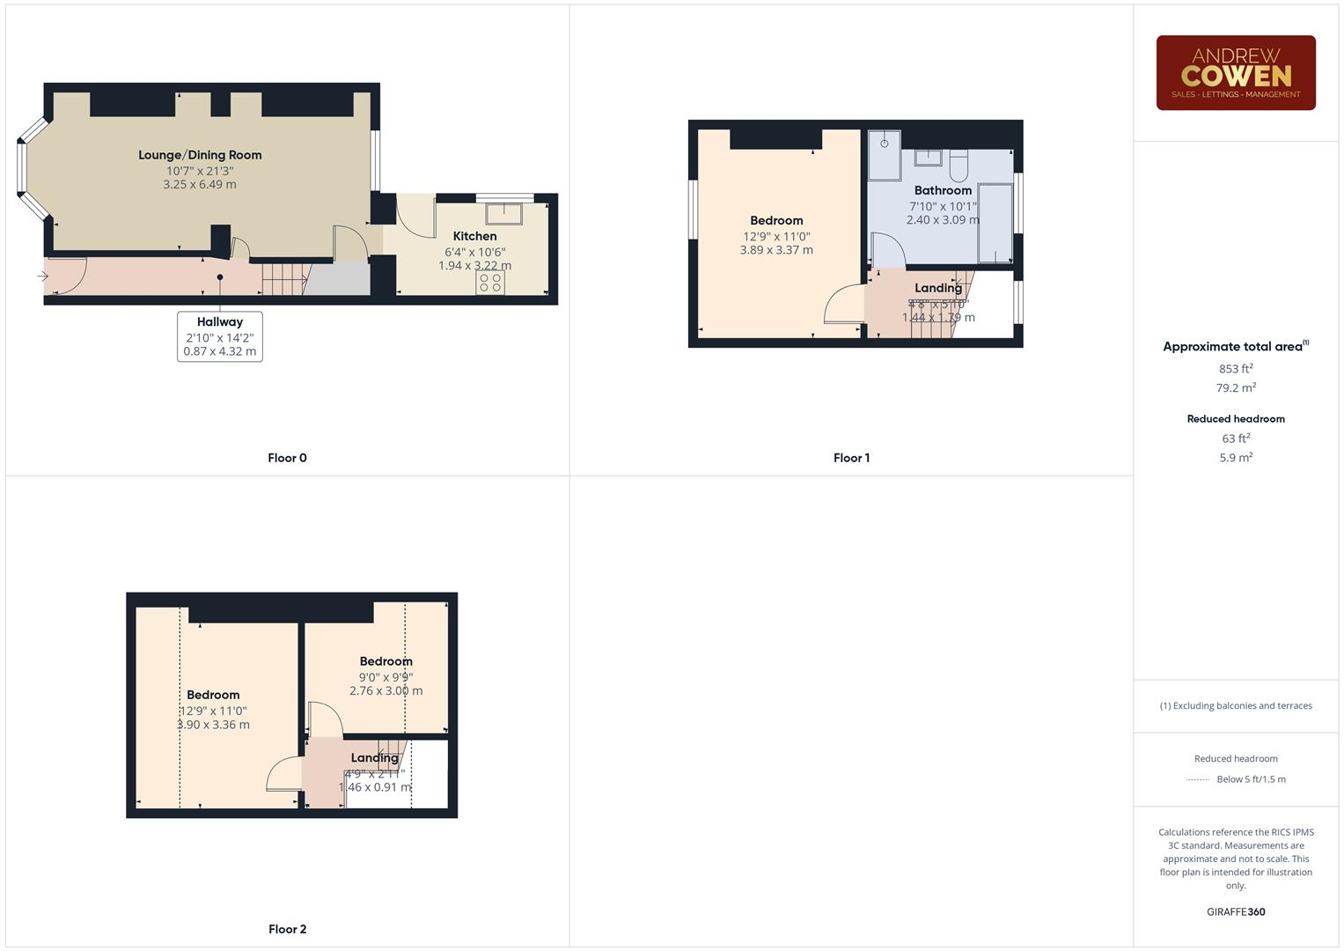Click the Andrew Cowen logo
coord(1235,73)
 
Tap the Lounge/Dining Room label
coord(200,155)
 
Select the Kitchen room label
coord(474,236)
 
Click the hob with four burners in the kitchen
coord(490,283)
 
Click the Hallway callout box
coord(220,336)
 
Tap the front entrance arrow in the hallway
coord(42,276)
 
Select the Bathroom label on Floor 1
coord(943,190)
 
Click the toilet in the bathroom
coord(958,163)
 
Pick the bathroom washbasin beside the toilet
coord(928,158)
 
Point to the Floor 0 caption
coord(287,458)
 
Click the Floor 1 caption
coord(851,458)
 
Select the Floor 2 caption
coord(287,929)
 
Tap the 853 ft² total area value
coord(1235,369)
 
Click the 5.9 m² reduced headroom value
coord(1235,458)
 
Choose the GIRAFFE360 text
coord(1235,912)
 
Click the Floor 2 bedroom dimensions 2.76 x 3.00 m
coord(386,691)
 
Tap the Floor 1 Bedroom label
coord(776,221)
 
